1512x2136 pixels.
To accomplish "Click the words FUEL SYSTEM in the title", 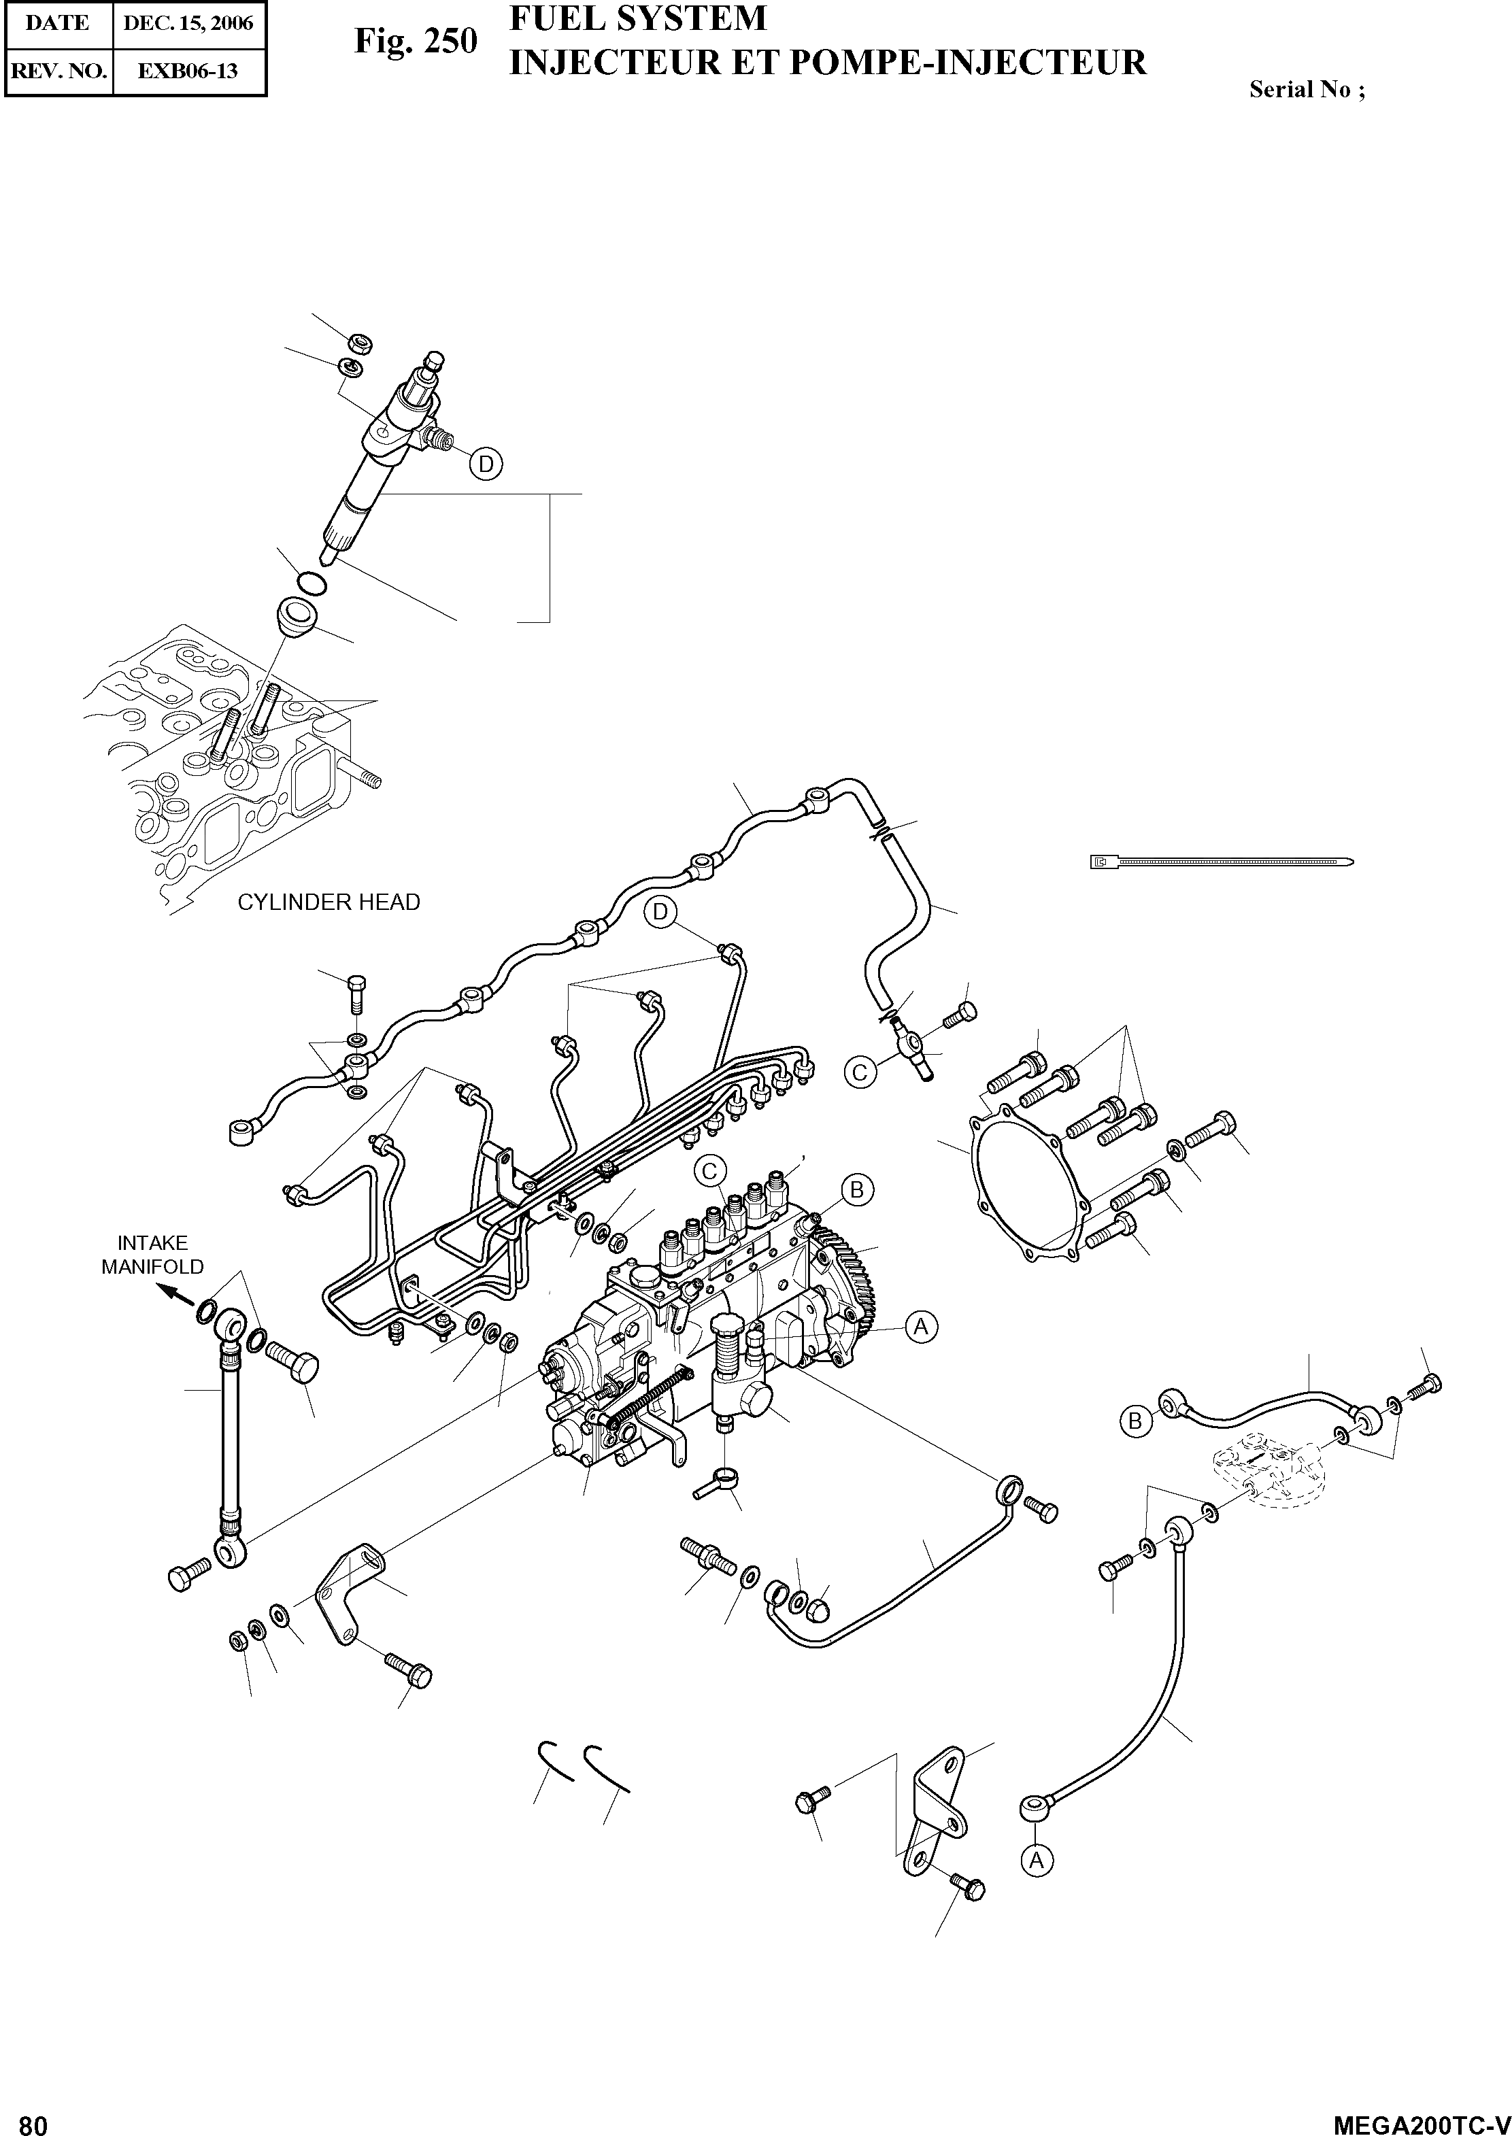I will point(638,18).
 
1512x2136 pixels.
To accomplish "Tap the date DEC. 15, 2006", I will point(188,23).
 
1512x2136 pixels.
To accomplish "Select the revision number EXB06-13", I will point(188,71).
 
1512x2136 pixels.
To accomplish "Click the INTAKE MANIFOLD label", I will point(152,1255).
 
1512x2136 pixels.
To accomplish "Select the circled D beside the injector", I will point(485,464).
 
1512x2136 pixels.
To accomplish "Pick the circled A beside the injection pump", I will point(921,1326).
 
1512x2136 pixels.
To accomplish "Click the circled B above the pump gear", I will point(856,1189).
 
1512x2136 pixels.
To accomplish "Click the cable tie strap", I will point(1222,862).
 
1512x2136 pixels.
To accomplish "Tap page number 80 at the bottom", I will point(33,2121).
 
